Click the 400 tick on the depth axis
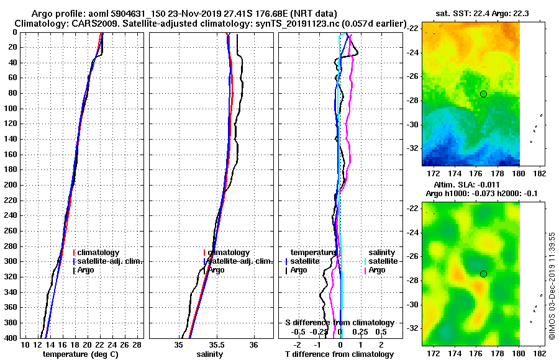tap(10, 337)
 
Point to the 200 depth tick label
tap(10, 184)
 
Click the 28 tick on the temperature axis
tap(137, 344)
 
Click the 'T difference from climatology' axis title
tap(339, 354)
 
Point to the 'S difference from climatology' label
tap(339, 323)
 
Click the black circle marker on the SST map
tap(483, 94)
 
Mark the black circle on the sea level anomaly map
tap(483, 274)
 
